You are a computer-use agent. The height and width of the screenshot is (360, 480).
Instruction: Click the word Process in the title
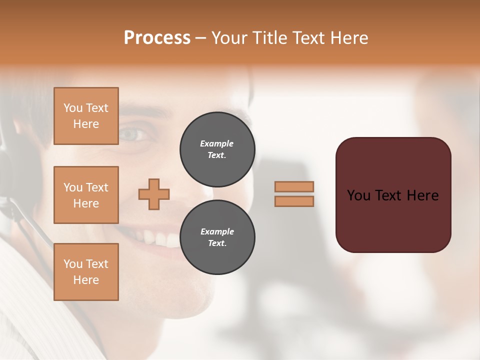click(157, 38)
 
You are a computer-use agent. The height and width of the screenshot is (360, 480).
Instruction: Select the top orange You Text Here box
click(86, 116)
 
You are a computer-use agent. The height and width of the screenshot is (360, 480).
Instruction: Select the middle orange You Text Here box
click(86, 195)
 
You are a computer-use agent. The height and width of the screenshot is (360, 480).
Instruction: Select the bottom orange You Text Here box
click(86, 272)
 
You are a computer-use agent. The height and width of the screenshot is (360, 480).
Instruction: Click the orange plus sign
click(154, 194)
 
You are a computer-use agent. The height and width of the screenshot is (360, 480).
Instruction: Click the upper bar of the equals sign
click(294, 186)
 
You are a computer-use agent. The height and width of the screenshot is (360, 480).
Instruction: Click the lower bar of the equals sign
click(294, 201)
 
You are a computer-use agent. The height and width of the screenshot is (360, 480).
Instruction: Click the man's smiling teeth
click(160, 239)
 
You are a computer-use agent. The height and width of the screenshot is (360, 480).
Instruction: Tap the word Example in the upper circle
click(217, 143)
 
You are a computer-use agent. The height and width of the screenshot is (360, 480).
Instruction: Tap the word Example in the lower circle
click(217, 231)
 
